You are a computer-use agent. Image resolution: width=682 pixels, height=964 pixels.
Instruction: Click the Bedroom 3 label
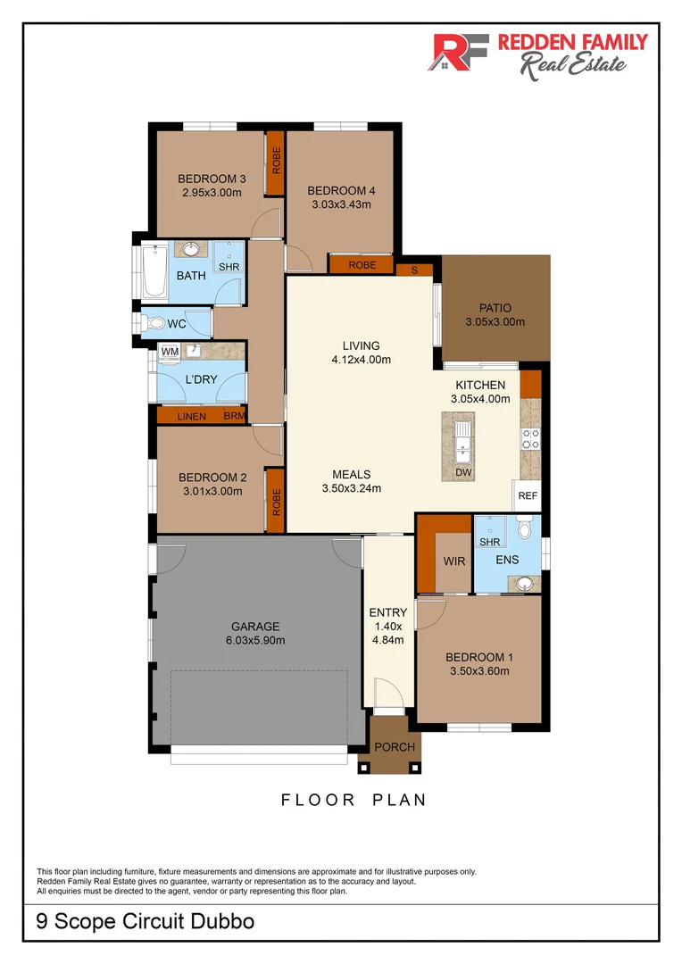click(x=212, y=178)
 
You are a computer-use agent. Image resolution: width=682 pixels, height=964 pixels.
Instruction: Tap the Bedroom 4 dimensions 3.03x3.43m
click(x=341, y=204)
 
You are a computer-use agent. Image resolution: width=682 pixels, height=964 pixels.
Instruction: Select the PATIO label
click(x=495, y=307)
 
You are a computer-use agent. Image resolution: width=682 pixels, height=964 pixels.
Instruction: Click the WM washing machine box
click(x=169, y=353)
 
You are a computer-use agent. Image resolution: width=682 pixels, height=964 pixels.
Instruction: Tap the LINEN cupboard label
click(x=191, y=417)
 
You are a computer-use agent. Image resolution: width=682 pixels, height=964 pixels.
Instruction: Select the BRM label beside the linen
click(x=234, y=417)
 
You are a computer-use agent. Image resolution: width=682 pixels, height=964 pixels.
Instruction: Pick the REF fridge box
click(x=527, y=495)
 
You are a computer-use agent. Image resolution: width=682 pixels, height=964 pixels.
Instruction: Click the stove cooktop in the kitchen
click(x=529, y=437)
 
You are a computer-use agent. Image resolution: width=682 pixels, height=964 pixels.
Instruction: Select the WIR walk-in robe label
click(x=454, y=561)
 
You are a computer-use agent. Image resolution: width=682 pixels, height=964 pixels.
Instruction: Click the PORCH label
click(x=395, y=747)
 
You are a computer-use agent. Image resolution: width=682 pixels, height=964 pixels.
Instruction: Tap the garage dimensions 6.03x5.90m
click(x=254, y=640)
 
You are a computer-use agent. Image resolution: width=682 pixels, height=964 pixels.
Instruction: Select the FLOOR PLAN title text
click(x=354, y=800)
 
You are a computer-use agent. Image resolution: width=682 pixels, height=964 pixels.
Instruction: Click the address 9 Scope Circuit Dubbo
click(x=145, y=921)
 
